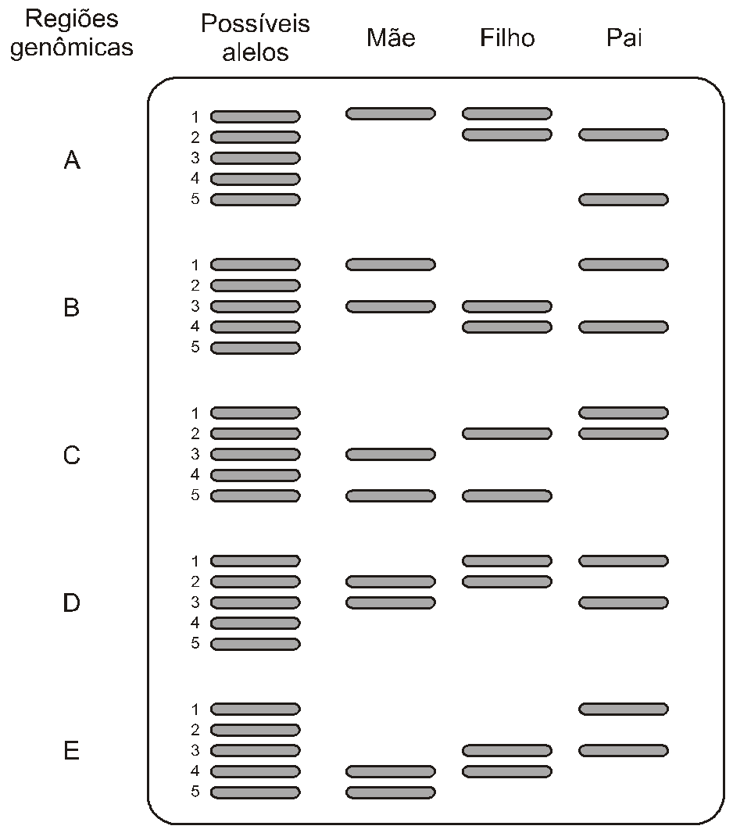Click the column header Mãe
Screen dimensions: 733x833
click(x=391, y=38)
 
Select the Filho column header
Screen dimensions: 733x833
click(x=507, y=38)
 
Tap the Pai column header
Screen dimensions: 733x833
click(x=624, y=38)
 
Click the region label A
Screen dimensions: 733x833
click(x=72, y=159)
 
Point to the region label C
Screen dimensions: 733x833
click(x=72, y=456)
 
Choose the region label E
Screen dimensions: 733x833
click(x=72, y=751)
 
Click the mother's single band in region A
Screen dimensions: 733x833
click(x=391, y=113)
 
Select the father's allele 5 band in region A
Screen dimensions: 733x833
click(x=624, y=200)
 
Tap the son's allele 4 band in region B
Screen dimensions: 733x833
click(x=507, y=327)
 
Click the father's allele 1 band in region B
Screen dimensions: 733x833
click(x=624, y=265)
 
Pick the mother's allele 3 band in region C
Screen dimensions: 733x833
click(x=391, y=454)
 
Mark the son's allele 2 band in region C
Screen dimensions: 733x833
click(x=507, y=434)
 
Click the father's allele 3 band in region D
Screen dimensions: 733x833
click(x=624, y=602)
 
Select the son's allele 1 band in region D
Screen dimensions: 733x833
click(x=507, y=561)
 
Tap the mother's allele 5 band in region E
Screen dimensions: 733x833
click(x=391, y=792)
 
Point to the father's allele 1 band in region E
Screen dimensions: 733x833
click(x=624, y=709)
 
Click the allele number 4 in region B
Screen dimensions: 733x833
click(x=195, y=326)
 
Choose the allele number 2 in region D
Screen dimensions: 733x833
click(x=195, y=581)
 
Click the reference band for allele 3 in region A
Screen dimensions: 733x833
click(x=256, y=159)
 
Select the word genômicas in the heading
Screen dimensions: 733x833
click(x=72, y=48)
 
